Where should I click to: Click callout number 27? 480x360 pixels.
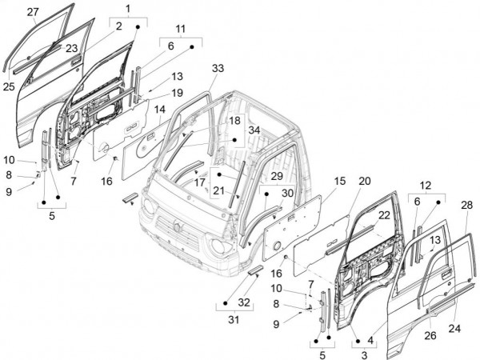tap(33, 11)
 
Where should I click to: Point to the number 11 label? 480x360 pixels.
tap(180, 30)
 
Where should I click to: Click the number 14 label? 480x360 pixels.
tap(160, 109)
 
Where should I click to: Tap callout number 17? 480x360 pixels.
tap(200, 182)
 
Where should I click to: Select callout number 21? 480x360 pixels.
tap(218, 190)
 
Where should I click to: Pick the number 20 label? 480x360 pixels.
tap(364, 180)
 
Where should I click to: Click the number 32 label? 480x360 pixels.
tap(244, 302)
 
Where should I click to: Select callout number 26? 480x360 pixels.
tap(429, 336)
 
